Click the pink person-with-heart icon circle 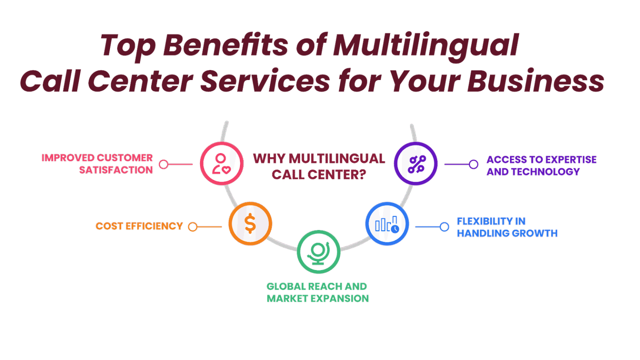coord(221,164)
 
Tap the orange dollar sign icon coord(250,224)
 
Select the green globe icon coord(318,252)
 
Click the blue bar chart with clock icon coord(387,224)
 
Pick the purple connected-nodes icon coord(415,164)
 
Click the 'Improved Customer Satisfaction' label coord(97,164)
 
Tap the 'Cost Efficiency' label coord(139,226)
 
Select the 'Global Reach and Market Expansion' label coord(317,292)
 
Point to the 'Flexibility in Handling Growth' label coord(507,227)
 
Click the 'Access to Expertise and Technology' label coord(541,165)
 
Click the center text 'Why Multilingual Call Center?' coord(319,166)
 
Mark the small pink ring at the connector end coord(164,165)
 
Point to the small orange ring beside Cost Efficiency coord(192,227)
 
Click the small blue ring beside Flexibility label coord(445,227)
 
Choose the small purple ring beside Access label coord(473,165)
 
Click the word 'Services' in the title coord(265,81)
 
